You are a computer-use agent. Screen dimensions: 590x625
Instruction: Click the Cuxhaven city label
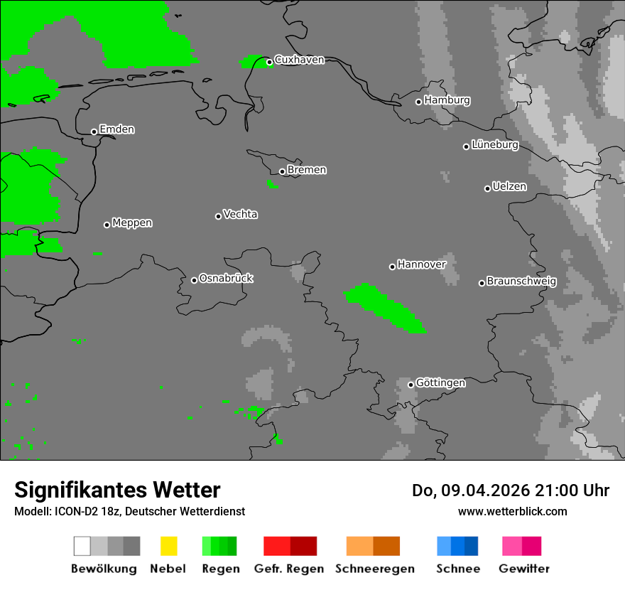[x=299, y=60]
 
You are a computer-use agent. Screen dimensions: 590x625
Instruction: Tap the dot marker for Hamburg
[x=418, y=102]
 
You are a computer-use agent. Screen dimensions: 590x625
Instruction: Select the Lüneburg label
[x=495, y=145]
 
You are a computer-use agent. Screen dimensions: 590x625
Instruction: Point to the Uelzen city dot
[x=487, y=188]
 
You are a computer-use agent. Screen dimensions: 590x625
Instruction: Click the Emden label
[x=116, y=129]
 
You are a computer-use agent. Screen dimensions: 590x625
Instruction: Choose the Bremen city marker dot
[x=282, y=171]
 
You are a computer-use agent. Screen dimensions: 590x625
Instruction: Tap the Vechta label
[x=240, y=214]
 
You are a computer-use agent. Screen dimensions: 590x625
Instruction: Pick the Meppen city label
[x=132, y=223]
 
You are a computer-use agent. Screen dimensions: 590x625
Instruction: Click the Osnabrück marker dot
[x=194, y=280]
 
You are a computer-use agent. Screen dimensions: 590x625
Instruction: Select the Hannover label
[x=422, y=264]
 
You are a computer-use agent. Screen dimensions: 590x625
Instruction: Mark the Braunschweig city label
[x=521, y=281]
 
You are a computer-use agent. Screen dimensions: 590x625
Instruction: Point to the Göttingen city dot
[x=411, y=385]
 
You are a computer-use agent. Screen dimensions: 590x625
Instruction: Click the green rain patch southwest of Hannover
[x=384, y=306]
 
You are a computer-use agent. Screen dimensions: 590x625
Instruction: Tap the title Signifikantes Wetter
[x=117, y=490]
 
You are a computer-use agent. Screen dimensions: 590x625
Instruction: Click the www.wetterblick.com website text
[x=512, y=511]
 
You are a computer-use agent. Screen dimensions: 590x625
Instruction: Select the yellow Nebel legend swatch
[x=168, y=546]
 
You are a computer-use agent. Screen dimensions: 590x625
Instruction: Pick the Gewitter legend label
[x=524, y=569]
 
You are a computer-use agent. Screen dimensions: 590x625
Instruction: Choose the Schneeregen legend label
[x=374, y=569]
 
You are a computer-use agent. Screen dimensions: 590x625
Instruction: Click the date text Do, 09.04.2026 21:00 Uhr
[x=510, y=490]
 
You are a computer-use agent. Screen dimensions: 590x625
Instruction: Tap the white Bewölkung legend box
[x=82, y=546]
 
